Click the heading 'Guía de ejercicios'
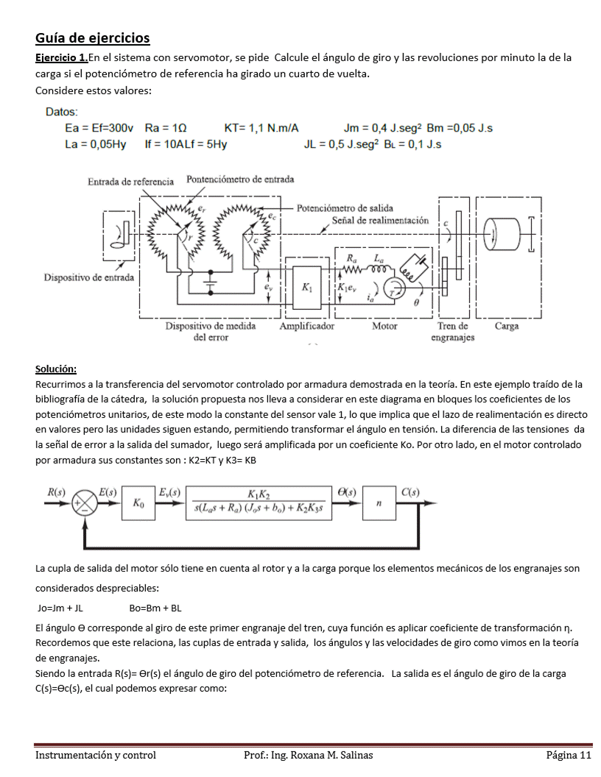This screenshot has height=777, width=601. pyautogui.click(x=92, y=38)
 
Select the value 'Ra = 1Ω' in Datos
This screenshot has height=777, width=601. pyautogui.click(x=169, y=128)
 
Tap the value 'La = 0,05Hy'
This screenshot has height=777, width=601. pyautogui.click(x=95, y=144)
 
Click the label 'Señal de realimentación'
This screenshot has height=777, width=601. pyautogui.click(x=380, y=221)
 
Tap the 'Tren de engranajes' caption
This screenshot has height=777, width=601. pyautogui.click(x=453, y=331)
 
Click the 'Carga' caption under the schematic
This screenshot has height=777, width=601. pyautogui.click(x=507, y=326)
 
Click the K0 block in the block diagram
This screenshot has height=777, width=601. pyautogui.click(x=138, y=503)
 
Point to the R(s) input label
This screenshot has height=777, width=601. pyautogui.click(x=55, y=491)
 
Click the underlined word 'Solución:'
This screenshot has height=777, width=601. pyautogui.click(x=56, y=369)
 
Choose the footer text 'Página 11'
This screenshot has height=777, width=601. pyautogui.click(x=569, y=755)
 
